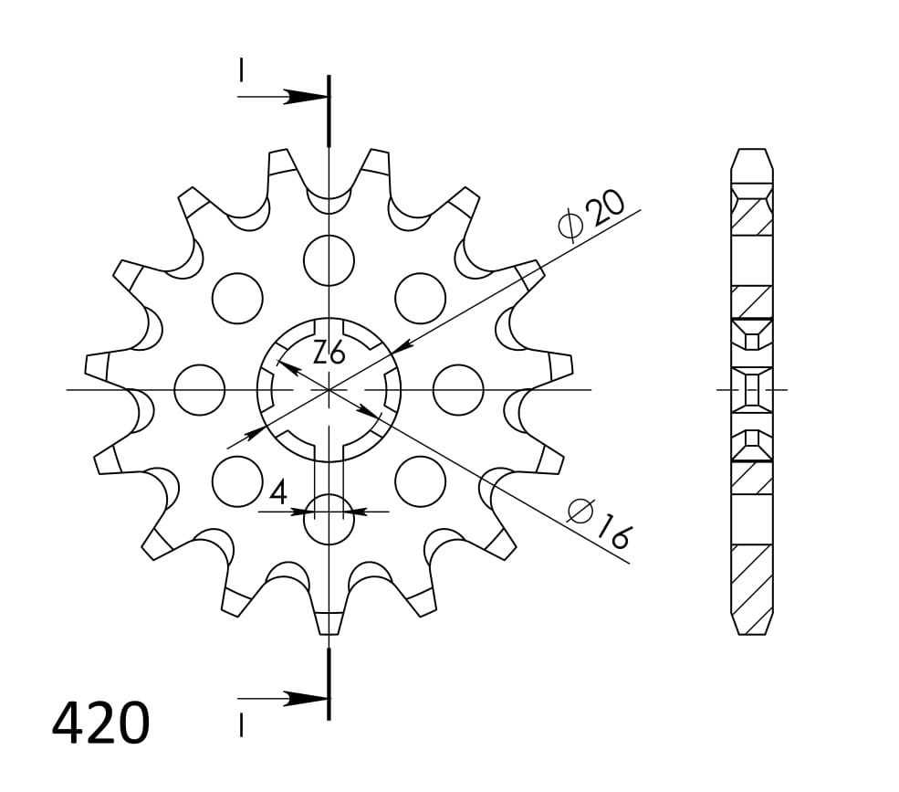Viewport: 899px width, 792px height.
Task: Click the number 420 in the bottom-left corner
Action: (x=100, y=723)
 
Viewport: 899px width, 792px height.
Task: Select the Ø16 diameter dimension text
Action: (x=598, y=523)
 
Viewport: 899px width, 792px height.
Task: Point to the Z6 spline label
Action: (x=329, y=352)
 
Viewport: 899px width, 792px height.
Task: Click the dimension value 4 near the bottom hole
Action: (x=278, y=492)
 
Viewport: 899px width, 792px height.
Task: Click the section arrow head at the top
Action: (x=305, y=97)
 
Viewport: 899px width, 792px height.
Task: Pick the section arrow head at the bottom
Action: (x=305, y=699)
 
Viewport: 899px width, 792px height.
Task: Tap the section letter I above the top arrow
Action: (x=241, y=70)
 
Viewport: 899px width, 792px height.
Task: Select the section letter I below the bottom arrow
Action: (x=241, y=725)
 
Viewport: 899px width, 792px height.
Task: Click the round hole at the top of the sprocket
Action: (x=329, y=259)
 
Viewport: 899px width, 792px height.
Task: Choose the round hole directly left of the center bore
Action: (x=199, y=390)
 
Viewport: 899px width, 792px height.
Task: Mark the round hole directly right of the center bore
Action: (x=458, y=390)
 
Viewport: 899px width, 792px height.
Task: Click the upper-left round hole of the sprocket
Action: (x=237, y=298)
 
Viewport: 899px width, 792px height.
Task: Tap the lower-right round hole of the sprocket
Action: (x=420, y=480)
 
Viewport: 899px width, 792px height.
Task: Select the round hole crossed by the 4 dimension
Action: (x=329, y=518)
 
